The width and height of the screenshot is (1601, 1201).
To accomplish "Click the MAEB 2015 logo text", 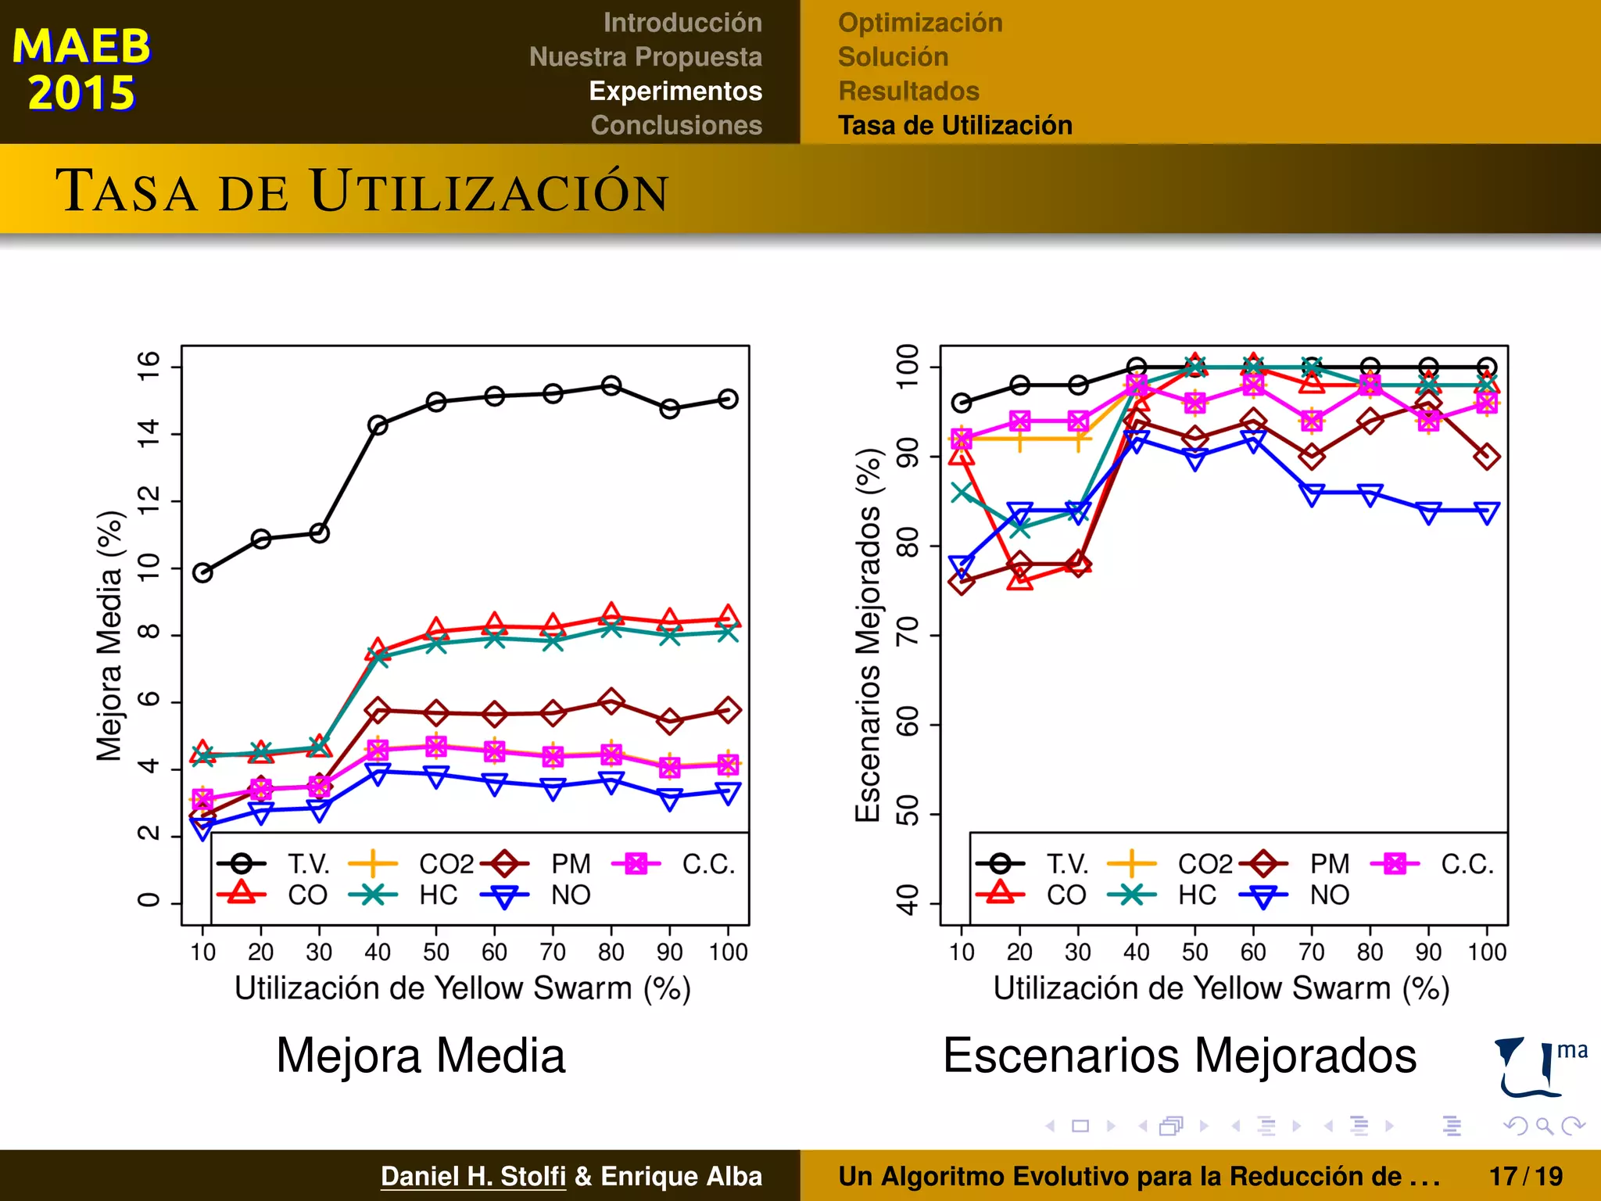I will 81,69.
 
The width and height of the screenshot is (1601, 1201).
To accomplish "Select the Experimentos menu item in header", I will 675,91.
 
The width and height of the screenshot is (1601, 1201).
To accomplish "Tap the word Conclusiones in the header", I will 676,125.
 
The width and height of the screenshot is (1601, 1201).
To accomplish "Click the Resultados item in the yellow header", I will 908,91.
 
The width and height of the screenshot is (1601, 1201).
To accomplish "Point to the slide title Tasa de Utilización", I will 362,191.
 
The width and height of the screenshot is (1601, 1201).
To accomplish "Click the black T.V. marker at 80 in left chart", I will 611,385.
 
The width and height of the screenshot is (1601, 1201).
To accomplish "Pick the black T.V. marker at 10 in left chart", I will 202,573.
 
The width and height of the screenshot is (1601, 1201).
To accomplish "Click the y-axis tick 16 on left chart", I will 148,366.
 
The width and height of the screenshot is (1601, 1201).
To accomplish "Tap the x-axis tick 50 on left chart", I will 436,952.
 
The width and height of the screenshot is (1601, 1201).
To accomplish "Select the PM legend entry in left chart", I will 570,864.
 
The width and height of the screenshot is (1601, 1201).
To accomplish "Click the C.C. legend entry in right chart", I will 1467,864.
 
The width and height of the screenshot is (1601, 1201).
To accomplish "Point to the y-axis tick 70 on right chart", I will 907,635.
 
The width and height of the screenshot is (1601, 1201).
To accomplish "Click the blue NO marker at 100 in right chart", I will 1487,513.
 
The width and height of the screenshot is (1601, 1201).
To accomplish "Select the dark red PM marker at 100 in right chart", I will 1487,457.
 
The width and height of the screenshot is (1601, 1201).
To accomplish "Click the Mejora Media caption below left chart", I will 421,1056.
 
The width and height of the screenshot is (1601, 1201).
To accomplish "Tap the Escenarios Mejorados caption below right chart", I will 1179,1056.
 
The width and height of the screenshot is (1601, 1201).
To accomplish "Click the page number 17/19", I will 1525,1176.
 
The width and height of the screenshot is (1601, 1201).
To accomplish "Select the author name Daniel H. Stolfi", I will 473,1176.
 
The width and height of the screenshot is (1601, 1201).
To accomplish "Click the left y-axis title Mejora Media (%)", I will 109,636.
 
